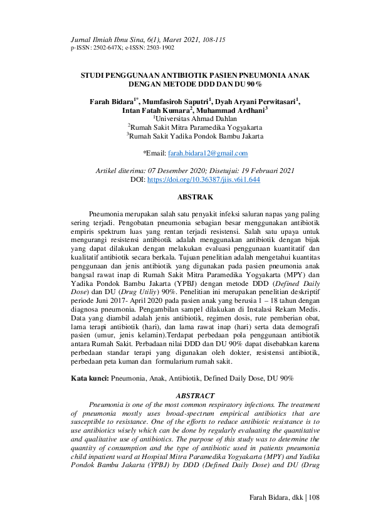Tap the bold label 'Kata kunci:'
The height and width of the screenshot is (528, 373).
pos(90,379)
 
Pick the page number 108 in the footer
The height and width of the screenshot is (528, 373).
pos(314,497)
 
